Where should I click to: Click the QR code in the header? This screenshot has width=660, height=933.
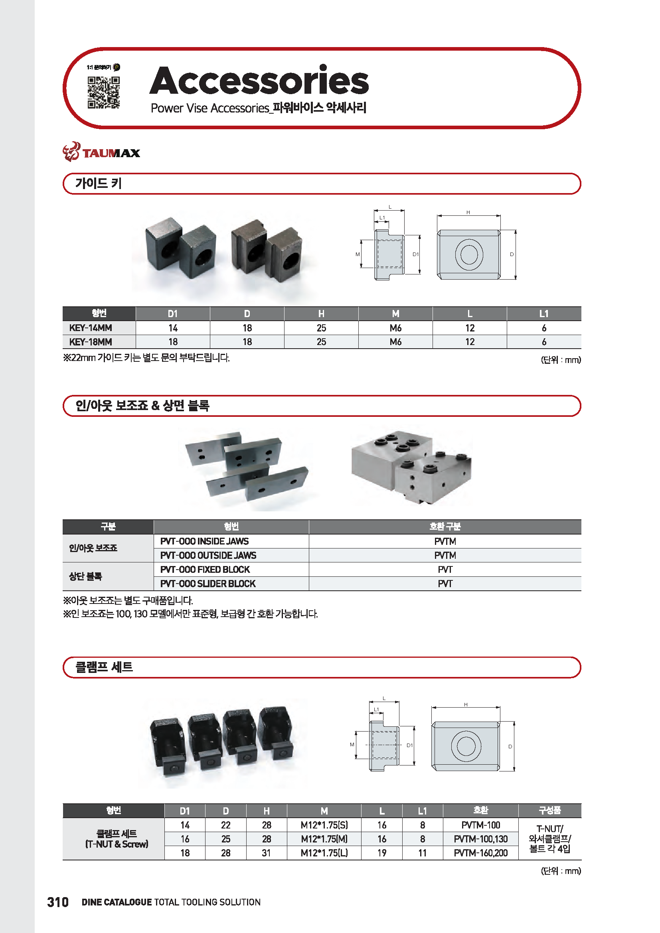tap(104, 92)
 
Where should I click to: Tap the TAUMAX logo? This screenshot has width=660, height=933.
tap(102, 152)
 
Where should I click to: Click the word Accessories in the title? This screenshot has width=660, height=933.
tap(259, 81)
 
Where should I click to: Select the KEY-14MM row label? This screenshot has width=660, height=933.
tap(91, 328)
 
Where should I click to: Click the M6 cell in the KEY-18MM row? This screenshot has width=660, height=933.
tap(395, 342)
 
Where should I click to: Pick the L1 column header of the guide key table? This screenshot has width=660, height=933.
tap(544, 314)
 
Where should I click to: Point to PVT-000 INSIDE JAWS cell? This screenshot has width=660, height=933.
tap(204, 541)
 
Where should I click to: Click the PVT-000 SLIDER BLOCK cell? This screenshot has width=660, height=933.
tap(207, 584)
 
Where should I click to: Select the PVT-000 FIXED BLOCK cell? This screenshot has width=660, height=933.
tap(205, 569)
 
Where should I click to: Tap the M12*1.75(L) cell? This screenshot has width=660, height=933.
tap(324, 853)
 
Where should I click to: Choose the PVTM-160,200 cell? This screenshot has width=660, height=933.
tap(480, 853)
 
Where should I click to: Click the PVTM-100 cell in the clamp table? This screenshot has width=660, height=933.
tap(480, 825)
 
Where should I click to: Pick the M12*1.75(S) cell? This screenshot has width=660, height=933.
tap(324, 825)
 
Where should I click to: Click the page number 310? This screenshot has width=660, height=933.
tap(58, 902)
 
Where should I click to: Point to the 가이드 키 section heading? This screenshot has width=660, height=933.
tap(98, 183)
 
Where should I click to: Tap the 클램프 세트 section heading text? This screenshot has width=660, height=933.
tap(104, 667)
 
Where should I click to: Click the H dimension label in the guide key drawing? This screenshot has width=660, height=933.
tap(468, 212)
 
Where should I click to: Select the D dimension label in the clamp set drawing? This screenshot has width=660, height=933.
tap(510, 746)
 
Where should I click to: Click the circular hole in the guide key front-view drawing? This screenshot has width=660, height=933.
tap(469, 254)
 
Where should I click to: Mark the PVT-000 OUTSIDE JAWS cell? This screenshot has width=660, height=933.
tap(208, 555)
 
